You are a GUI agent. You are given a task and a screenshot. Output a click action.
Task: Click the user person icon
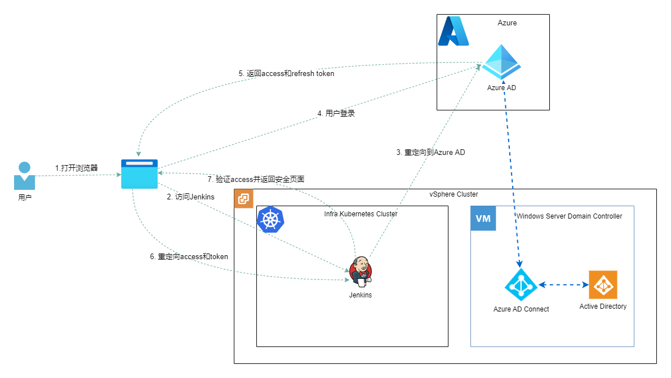click(24, 176)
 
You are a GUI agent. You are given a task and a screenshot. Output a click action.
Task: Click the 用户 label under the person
click(25, 198)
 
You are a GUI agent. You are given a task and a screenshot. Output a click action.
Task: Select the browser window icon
click(139, 174)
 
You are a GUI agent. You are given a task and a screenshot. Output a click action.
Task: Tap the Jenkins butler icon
click(361, 272)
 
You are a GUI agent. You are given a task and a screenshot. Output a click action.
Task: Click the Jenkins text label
click(361, 295)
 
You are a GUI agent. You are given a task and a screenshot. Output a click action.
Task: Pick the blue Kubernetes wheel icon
click(270, 219)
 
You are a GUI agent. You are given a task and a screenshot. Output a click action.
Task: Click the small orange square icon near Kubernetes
click(244, 198)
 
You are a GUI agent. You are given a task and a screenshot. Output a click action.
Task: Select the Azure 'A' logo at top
click(454, 31)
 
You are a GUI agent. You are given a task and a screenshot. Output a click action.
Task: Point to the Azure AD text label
click(501, 88)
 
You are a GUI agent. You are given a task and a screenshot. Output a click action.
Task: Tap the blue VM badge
click(483, 219)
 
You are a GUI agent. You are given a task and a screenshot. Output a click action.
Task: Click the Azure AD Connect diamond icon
click(521, 284)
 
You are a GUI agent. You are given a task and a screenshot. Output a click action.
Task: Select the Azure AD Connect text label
click(521, 309)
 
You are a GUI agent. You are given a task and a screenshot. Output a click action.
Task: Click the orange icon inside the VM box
click(603, 284)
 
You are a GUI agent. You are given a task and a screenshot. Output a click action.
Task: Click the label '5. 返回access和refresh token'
click(286, 73)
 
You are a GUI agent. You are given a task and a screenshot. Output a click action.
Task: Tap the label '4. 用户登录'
click(336, 113)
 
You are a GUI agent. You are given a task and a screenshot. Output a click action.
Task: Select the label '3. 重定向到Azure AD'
click(431, 152)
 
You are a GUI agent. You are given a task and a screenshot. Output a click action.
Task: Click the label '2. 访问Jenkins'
click(190, 197)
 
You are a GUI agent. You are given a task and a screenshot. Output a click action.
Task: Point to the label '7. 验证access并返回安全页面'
click(256, 179)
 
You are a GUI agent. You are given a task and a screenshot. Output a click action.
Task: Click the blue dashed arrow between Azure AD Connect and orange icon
click(563, 284)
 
